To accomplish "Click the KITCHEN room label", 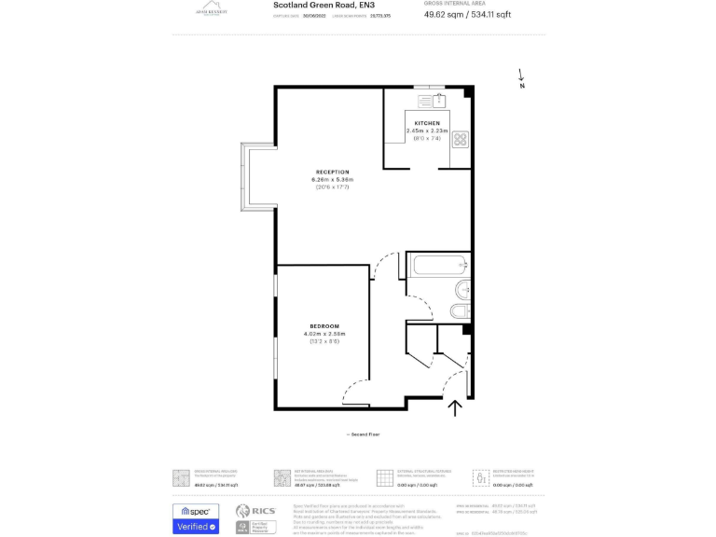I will pos(427,123).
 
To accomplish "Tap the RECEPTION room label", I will pos(332,172).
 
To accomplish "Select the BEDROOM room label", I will pos(324,325).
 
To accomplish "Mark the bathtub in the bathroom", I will pos(437,265).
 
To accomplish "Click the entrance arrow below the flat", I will pos(455,407).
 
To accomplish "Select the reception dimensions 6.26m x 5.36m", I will pos(333,180).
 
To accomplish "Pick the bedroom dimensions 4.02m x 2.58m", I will pos(324,334).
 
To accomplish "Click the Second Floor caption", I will pos(363,434).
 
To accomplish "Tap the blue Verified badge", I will pos(196,527).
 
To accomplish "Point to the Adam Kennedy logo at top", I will pos(207,9).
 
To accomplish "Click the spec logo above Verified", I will pos(196,511).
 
